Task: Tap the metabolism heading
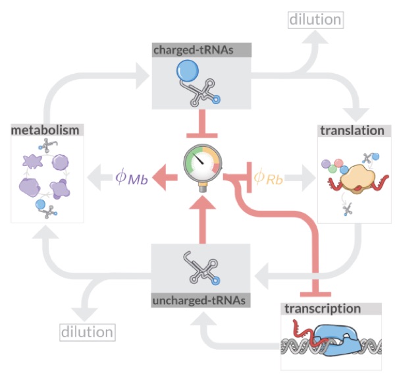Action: point(44,130)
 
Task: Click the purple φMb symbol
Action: point(131,176)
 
